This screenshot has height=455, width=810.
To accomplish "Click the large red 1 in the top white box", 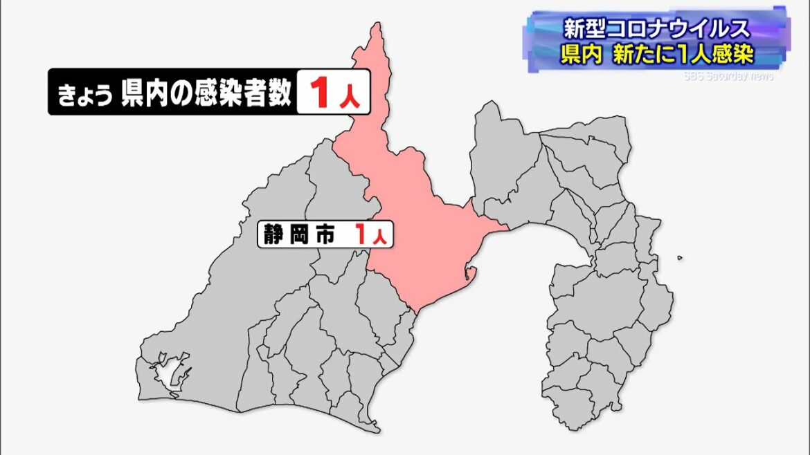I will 319,93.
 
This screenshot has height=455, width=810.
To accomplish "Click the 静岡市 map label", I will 298,234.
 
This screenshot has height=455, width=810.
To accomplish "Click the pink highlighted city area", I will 415,228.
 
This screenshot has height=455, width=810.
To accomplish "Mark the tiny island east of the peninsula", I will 680,259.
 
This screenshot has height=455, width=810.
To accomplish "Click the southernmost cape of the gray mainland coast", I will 375,431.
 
